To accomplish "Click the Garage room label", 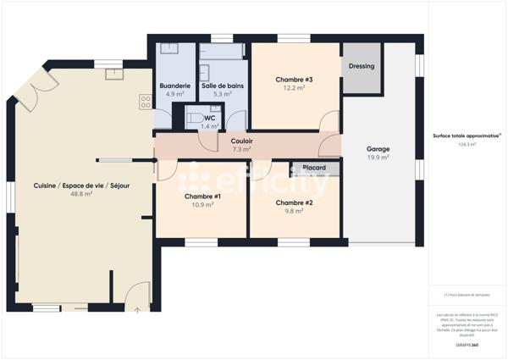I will pos(378,148).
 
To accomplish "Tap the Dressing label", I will pos(361,66).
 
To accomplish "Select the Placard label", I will pos(316,168).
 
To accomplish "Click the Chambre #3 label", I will pos(293,80).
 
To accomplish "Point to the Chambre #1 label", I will pos(202,196).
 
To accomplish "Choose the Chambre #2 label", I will pos(295,202).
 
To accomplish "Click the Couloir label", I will pos(241,141).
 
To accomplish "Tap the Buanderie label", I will pos(175,86).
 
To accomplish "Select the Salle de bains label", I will pos(222,86).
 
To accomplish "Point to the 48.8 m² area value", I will pos(81,194).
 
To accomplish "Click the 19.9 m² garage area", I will pos(378,157).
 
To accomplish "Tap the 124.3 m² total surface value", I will pos(467,144).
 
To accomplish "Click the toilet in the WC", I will pos(192,118).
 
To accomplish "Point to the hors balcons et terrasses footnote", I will pos(467,295).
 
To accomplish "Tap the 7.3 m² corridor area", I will pos(241,149).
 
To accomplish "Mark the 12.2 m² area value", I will pos(293,88).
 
